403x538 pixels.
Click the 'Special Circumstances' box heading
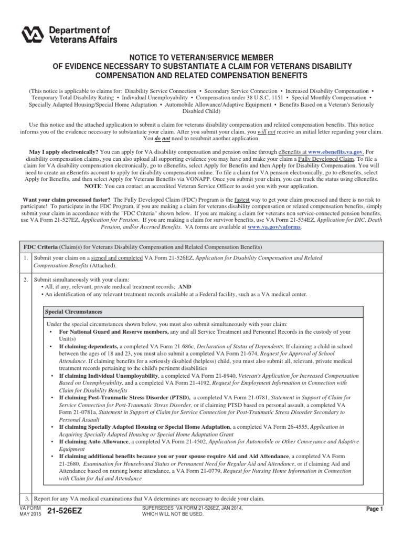click(x=74, y=312)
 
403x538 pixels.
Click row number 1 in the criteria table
click(x=26, y=258)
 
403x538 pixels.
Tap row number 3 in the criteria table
click(x=26, y=498)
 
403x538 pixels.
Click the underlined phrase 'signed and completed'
click(x=113, y=258)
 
